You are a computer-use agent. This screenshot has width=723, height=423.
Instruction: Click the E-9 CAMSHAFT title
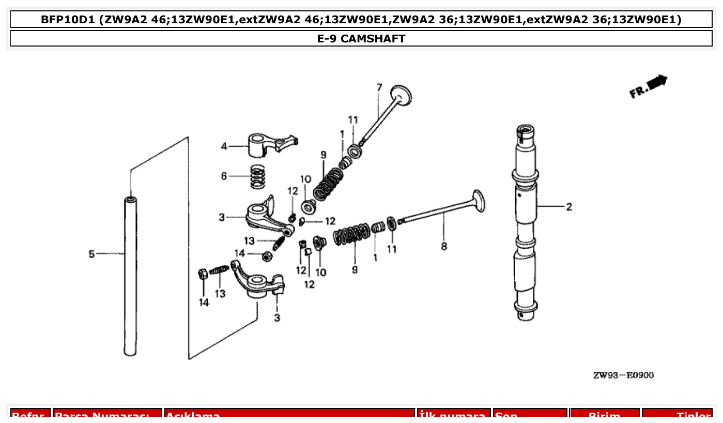[361, 39]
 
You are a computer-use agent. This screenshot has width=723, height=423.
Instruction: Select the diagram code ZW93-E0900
[623, 375]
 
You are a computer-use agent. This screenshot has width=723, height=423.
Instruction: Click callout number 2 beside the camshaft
[568, 207]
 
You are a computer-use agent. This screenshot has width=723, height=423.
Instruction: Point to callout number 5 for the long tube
[91, 254]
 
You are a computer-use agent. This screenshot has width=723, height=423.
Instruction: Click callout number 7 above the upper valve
[379, 87]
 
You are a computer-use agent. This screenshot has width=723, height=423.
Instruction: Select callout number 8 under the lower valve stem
[444, 247]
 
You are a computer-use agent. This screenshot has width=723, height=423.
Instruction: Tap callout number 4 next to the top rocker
[224, 146]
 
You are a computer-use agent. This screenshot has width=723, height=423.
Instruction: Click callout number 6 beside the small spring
[224, 176]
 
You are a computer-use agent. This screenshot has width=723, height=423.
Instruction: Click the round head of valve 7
[402, 95]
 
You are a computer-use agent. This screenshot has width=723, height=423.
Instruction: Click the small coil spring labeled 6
[257, 176]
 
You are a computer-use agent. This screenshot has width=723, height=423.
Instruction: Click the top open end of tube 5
[131, 199]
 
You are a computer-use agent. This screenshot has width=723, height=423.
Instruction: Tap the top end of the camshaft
[525, 129]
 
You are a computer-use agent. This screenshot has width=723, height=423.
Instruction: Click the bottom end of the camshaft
[527, 314]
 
